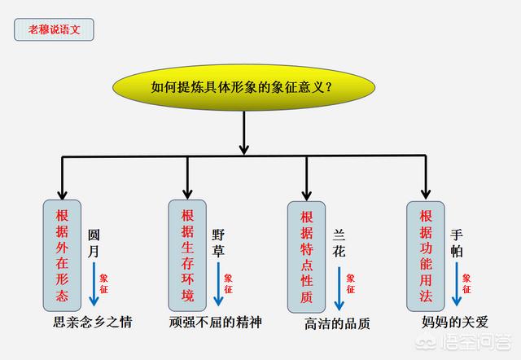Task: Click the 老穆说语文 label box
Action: (x=55, y=30)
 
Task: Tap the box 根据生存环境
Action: (x=187, y=254)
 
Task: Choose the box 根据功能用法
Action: (x=425, y=255)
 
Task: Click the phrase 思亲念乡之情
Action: (x=92, y=322)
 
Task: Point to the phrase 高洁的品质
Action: (x=337, y=323)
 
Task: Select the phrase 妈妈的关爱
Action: (x=456, y=322)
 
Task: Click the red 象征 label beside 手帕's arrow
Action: (x=466, y=283)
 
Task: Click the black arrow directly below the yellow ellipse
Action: (x=243, y=131)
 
